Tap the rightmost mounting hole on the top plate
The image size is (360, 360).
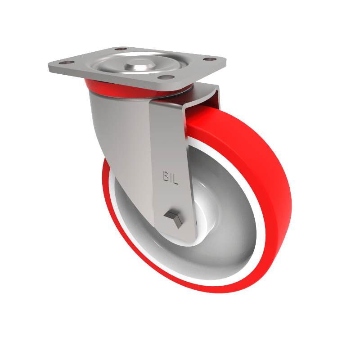(x=207, y=59)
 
